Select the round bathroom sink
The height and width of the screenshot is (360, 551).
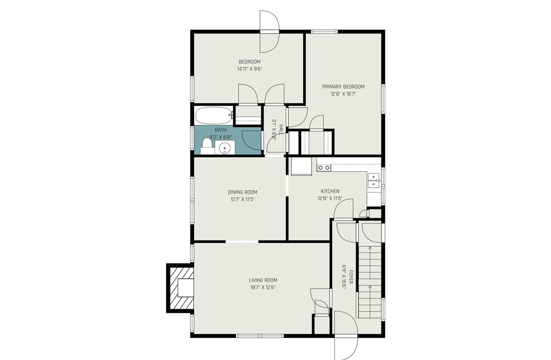tap(225, 149)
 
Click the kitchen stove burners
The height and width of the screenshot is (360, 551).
tap(324, 168)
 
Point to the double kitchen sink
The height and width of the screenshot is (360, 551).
tap(373, 180)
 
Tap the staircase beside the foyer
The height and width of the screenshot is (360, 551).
tap(369, 280)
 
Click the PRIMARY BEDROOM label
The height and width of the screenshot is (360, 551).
tap(343, 87)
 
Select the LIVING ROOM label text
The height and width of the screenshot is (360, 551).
tap(263, 280)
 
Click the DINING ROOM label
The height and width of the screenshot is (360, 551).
tap(242, 192)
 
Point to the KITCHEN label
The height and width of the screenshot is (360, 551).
tap(330, 191)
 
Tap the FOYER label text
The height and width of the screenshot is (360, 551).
tap(351, 277)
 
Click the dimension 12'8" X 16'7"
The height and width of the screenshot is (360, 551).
tap(343, 93)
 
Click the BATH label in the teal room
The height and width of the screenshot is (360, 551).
tap(220, 130)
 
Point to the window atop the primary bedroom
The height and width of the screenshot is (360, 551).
tap(325, 31)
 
